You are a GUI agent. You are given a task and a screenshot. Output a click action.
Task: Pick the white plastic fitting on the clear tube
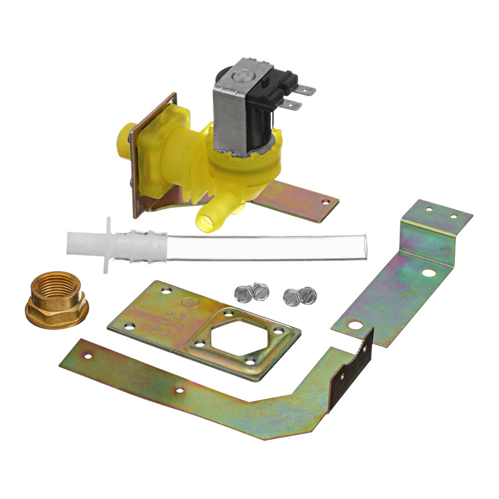tap(111, 245)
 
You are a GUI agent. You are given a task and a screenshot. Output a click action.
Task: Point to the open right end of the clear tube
tap(364, 245)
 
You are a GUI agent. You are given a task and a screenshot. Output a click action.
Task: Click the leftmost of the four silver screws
tap(242, 293)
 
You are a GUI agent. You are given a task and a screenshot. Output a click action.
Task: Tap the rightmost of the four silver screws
tap(307, 295)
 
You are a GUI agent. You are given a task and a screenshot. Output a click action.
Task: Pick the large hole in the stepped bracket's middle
tap(428, 273)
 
